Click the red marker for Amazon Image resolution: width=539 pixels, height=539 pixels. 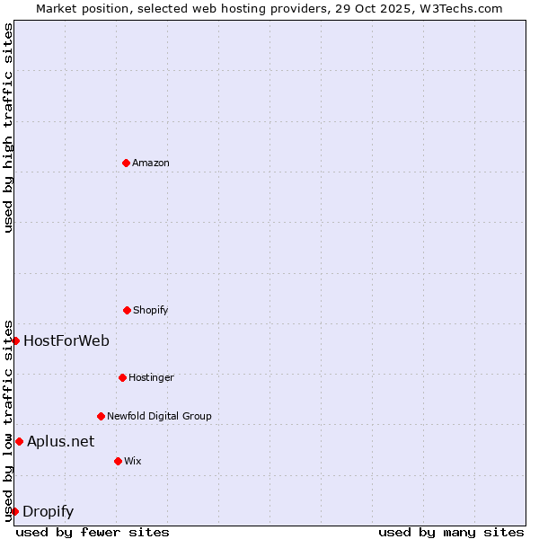(126, 163)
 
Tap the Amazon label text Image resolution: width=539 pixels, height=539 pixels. (151, 163)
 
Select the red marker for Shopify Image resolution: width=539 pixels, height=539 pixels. (127, 310)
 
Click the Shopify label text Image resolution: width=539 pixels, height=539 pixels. (151, 310)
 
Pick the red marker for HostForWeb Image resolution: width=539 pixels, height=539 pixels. (15, 340)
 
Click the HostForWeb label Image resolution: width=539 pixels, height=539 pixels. (66, 340)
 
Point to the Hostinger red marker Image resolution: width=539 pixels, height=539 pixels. (122, 377)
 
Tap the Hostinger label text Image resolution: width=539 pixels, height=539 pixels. (151, 377)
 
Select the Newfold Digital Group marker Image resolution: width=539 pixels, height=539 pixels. (101, 416)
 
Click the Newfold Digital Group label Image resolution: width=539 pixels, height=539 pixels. (159, 416)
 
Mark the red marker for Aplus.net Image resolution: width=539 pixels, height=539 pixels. (19, 441)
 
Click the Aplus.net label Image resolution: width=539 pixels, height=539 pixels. (60, 441)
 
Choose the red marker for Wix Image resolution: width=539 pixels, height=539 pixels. (118, 461)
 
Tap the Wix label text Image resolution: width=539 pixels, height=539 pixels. (133, 461)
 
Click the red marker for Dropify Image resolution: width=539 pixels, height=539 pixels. (14, 511)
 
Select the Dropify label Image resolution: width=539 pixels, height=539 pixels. (48, 512)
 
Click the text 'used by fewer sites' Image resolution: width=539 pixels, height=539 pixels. (93, 532)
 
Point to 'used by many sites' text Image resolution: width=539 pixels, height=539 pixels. (451, 532)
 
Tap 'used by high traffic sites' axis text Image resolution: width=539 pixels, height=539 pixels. (8, 128)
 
